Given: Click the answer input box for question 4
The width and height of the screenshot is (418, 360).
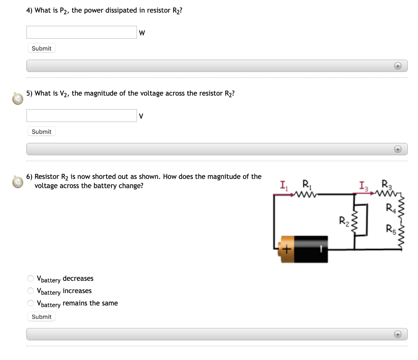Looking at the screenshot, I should coord(82,32).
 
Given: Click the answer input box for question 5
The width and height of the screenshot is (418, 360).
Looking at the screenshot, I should coord(82,116).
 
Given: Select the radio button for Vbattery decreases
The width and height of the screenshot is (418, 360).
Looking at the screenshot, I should coord(31,278).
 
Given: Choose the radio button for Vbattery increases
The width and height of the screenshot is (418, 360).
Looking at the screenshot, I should coord(31,291).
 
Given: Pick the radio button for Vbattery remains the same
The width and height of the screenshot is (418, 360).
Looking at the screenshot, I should coord(31,303).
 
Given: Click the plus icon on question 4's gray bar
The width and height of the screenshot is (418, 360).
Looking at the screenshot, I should coord(397,66).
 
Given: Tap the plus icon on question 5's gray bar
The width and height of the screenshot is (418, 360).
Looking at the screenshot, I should coord(397,149).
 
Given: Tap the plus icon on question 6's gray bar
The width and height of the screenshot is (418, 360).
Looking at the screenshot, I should coord(397,334).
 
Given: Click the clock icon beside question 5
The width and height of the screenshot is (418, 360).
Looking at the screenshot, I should coord(18,98).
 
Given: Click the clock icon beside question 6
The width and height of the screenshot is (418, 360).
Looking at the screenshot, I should coord(18,182).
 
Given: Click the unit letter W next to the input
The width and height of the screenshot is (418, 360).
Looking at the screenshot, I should coord(142,33).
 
